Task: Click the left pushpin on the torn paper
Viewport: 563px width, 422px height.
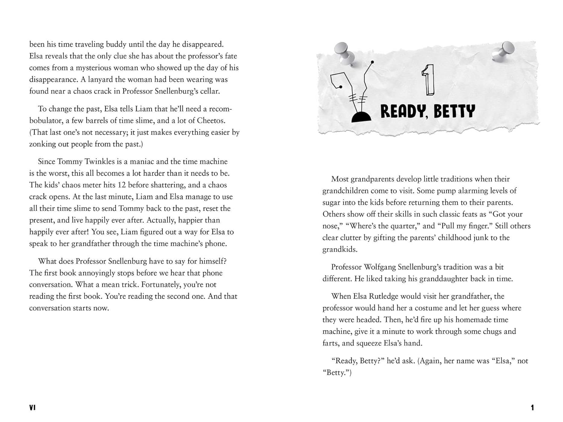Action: click(343, 52)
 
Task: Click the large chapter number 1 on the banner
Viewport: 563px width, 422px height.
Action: click(429, 80)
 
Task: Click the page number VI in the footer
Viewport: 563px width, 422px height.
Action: click(32, 407)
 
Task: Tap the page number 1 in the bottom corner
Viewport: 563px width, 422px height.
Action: click(532, 407)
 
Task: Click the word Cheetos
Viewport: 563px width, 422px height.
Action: click(211, 121)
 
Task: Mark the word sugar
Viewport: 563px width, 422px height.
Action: click(333, 203)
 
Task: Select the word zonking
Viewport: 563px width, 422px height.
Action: click(45, 144)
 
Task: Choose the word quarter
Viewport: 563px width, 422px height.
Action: click(402, 226)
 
